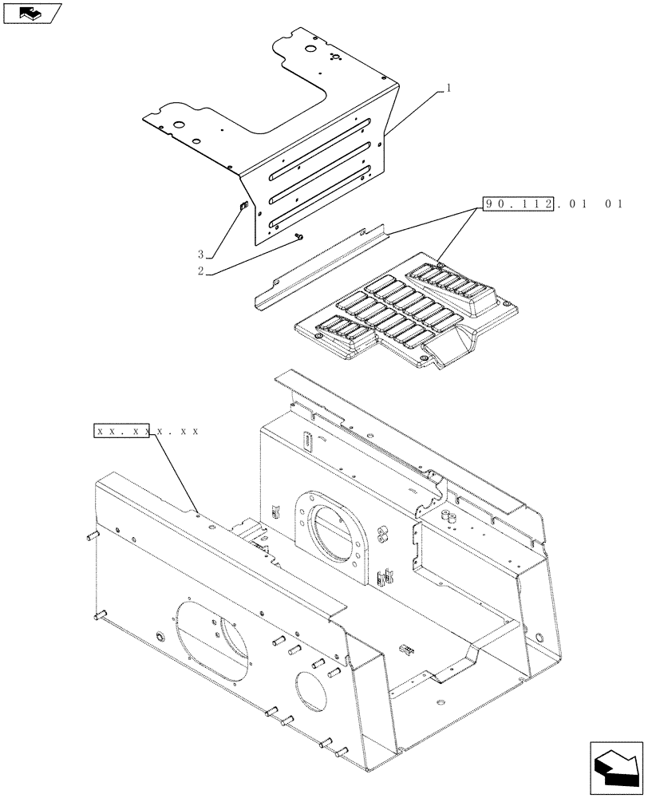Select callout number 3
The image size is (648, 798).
(x=201, y=255)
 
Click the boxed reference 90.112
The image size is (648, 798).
(x=518, y=203)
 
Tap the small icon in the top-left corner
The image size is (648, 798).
(x=33, y=13)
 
